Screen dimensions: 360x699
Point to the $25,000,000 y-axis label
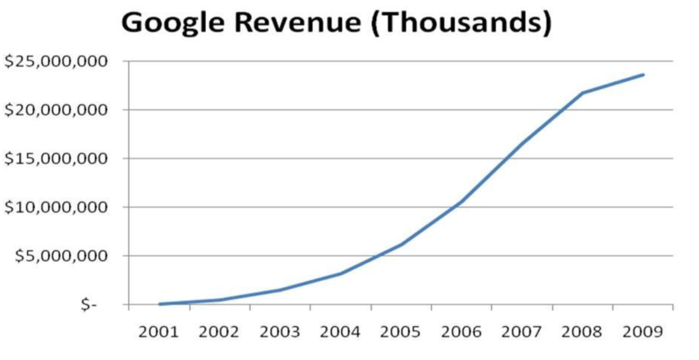coord(56,62)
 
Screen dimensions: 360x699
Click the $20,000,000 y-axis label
coord(56,110)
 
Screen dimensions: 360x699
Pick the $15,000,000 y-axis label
coord(56,159)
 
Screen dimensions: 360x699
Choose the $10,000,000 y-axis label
coord(56,207)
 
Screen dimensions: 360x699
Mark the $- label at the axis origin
coord(89,305)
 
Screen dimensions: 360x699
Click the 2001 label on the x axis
coord(159,332)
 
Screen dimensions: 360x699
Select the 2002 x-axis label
coord(219,332)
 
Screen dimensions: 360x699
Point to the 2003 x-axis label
coord(280,332)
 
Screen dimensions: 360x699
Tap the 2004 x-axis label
coord(340,332)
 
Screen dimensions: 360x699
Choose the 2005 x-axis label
coord(401,332)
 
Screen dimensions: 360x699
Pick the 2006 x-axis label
coord(462,332)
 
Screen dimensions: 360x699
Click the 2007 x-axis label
coord(522,332)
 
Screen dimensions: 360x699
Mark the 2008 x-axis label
coord(583,332)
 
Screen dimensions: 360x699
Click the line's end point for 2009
coord(643,75)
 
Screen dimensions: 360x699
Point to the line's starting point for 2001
coord(159,304)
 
